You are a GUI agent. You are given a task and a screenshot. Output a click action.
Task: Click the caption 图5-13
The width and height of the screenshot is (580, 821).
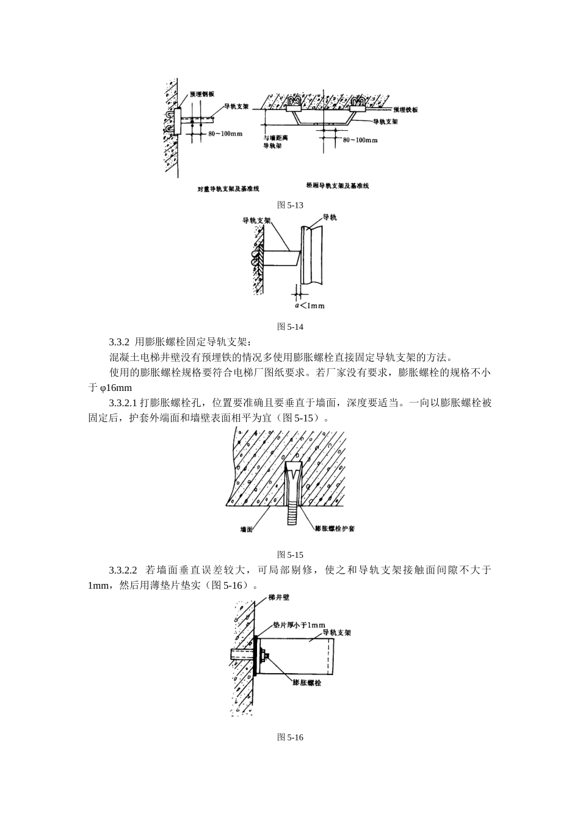pos(290,205)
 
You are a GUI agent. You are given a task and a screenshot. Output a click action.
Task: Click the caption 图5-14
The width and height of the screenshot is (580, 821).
pos(290,326)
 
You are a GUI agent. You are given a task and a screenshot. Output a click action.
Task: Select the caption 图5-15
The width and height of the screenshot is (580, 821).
pos(290,555)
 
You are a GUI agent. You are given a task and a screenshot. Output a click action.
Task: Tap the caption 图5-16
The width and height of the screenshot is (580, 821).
pos(290,737)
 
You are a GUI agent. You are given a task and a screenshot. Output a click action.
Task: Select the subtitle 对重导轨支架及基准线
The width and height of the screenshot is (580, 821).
pos(227,189)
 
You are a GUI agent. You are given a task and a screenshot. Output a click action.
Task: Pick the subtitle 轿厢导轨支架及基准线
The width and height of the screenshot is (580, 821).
pos(338,186)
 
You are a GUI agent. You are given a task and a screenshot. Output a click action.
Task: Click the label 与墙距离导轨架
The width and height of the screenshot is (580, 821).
pos(275,142)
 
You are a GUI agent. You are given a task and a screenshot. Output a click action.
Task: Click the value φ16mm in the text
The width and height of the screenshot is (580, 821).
pos(115,388)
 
